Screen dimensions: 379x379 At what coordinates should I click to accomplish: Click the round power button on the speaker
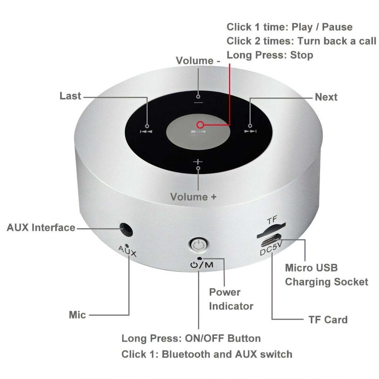click(x=198, y=245)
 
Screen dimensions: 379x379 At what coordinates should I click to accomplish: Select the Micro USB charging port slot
click(x=270, y=242)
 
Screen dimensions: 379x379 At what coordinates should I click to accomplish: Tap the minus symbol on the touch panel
click(x=198, y=102)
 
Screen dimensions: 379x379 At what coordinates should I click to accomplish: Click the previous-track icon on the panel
click(x=146, y=131)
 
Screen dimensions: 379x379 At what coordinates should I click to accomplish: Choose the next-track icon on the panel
click(x=250, y=131)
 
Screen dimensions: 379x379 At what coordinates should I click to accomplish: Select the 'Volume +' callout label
click(x=193, y=197)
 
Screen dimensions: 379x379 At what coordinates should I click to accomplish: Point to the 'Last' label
click(x=70, y=96)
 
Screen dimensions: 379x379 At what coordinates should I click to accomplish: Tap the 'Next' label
click(x=326, y=97)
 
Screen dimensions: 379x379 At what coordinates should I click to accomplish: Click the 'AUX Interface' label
click(x=41, y=227)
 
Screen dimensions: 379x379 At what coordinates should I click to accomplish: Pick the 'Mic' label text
click(x=77, y=315)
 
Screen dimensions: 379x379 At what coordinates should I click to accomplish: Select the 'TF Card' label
click(x=328, y=319)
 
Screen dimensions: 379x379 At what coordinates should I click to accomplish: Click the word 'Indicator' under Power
click(x=231, y=306)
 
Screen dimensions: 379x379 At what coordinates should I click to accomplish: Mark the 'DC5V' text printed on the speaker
click(x=268, y=252)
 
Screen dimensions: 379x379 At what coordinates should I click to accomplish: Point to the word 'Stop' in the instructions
click(x=301, y=55)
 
